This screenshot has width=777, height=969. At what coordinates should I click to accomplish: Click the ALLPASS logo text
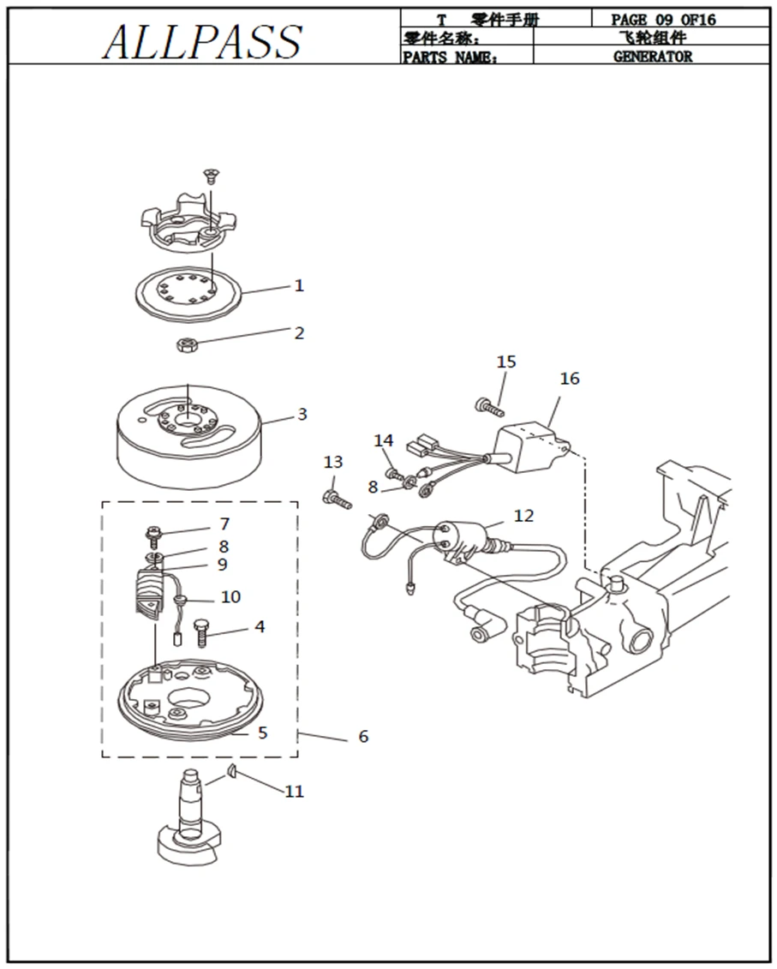(202, 40)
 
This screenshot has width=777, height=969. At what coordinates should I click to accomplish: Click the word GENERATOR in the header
(652, 57)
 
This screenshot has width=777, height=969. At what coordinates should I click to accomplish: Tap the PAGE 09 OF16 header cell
(663, 19)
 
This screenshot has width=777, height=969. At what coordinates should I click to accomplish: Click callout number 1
(299, 285)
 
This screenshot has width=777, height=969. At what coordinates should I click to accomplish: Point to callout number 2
(299, 333)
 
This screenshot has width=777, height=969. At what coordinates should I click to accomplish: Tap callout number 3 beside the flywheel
(302, 415)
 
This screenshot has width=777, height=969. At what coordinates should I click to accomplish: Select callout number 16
(570, 379)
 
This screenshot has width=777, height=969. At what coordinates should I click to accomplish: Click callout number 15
(506, 362)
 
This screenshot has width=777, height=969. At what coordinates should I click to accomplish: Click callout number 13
(333, 463)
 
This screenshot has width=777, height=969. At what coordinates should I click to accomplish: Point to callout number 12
(523, 516)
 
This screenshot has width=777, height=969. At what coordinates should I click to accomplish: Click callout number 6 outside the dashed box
(363, 736)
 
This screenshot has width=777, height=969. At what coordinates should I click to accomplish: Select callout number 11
(294, 792)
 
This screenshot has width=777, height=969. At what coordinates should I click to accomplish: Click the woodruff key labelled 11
(230, 774)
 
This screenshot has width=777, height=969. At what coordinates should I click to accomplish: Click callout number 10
(230, 596)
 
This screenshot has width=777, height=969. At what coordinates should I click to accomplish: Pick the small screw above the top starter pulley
(208, 175)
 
